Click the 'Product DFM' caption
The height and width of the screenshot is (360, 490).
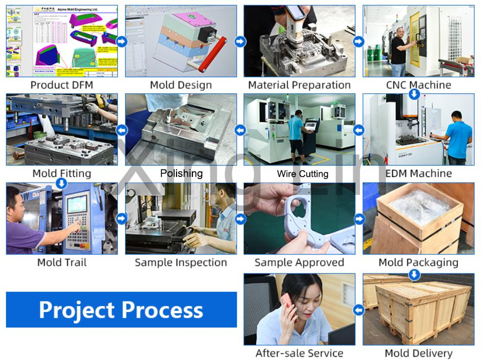pyautogui.click(x=62, y=85)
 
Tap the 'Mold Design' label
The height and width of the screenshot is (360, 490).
pyautogui.click(x=181, y=85)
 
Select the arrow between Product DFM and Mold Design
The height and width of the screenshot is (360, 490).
pyautogui.click(x=121, y=41)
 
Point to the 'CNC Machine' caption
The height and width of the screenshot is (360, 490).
pyautogui.click(x=418, y=85)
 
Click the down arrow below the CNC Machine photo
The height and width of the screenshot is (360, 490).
pyautogui.click(x=414, y=94)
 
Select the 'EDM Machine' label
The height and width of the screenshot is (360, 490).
pyautogui.click(x=418, y=173)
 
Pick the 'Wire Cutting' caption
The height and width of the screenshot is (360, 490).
pyautogui.click(x=302, y=174)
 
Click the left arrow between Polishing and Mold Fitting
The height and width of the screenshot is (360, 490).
pyautogui.click(x=121, y=130)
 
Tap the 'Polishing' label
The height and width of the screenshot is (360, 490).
pyautogui.click(x=181, y=173)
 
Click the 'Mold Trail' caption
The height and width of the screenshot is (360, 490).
pyautogui.click(x=62, y=263)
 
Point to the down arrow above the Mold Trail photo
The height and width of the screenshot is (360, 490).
pyautogui.click(x=61, y=183)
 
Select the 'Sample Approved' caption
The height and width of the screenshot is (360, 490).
pyautogui.click(x=299, y=263)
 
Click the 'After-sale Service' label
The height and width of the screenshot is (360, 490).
pyautogui.click(x=299, y=353)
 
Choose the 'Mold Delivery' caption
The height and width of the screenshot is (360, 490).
pyautogui.click(x=418, y=353)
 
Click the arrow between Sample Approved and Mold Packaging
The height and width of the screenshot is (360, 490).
pyautogui.click(x=359, y=219)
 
